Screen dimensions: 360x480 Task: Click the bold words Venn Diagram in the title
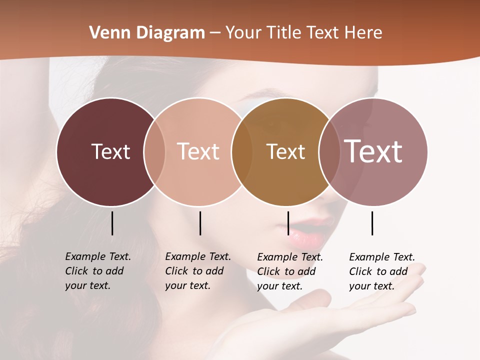(x=147, y=33)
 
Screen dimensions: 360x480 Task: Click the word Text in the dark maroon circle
(x=110, y=151)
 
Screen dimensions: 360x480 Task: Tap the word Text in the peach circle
(x=198, y=151)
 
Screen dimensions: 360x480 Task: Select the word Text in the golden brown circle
(x=285, y=151)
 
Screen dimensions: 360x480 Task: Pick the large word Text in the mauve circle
(x=373, y=151)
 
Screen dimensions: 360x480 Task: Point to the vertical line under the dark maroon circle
(x=112, y=223)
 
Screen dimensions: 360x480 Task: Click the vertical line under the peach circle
(x=200, y=223)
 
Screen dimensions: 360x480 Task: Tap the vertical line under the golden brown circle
(x=288, y=223)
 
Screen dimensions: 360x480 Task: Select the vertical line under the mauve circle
(x=372, y=223)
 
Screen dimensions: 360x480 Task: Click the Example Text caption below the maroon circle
(x=97, y=271)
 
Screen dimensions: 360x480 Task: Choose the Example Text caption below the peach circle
(x=197, y=271)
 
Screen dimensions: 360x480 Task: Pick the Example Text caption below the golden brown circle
(x=289, y=271)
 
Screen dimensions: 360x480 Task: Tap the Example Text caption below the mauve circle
(x=381, y=271)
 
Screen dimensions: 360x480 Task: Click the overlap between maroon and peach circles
(x=154, y=151)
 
